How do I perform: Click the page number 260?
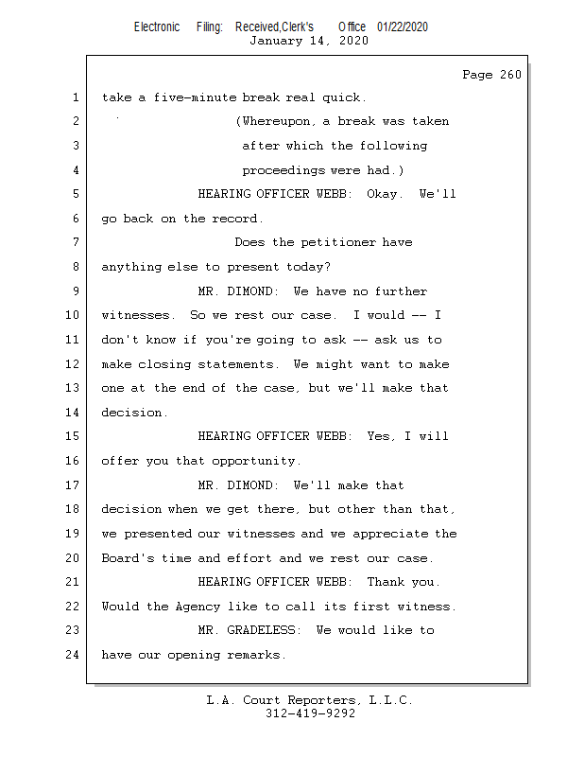pyautogui.click(x=508, y=75)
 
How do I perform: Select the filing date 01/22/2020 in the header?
pyautogui.click(x=402, y=26)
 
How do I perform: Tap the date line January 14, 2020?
pyautogui.click(x=308, y=41)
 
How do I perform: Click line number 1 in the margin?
pyautogui.click(x=75, y=97)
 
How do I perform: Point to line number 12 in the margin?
pyautogui.click(x=72, y=364)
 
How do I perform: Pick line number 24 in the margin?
pyautogui.click(x=72, y=655)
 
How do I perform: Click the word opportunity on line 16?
pyautogui.click(x=253, y=461)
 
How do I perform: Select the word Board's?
pyautogui.click(x=128, y=558)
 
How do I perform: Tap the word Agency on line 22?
pyautogui.click(x=198, y=607)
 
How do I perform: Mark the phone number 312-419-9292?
pyautogui.click(x=310, y=713)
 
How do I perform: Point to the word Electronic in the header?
pyautogui.click(x=157, y=26)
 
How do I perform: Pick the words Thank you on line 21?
pyautogui.click(x=404, y=582)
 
